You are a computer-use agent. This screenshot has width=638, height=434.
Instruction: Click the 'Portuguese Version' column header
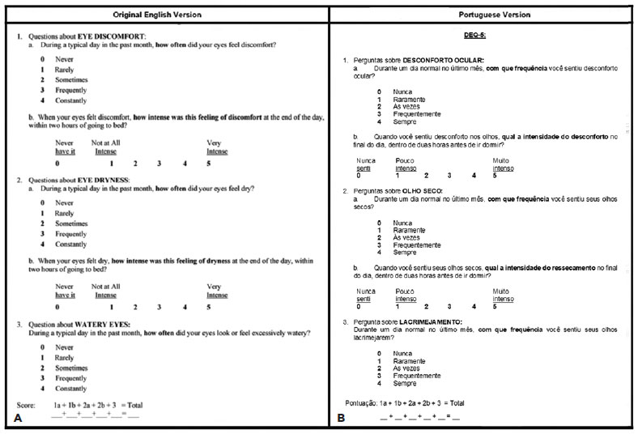483,15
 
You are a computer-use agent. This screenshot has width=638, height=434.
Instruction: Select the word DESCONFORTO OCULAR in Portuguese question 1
444,61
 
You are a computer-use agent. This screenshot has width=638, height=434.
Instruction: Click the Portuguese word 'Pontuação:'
363,402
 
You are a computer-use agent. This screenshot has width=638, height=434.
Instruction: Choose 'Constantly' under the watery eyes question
71,389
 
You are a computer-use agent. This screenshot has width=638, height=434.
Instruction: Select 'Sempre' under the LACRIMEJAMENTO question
404,384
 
